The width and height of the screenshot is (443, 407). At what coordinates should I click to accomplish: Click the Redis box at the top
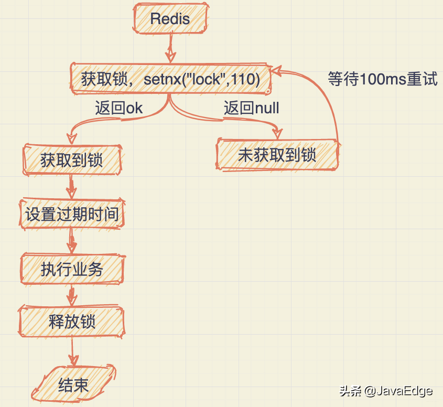click(x=170, y=19)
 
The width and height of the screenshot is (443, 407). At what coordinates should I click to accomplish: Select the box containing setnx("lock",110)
click(x=170, y=79)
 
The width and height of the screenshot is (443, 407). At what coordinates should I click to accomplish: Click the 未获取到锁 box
click(x=277, y=155)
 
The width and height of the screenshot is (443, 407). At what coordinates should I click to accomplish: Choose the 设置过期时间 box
click(x=72, y=214)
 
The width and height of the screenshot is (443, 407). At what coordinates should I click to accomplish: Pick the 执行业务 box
click(x=72, y=269)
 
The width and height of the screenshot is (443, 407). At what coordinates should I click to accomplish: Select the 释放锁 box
click(x=72, y=322)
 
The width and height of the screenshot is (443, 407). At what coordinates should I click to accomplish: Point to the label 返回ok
click(x=118, y=108)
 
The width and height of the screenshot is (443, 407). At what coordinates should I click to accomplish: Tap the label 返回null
click(x=252, y=108)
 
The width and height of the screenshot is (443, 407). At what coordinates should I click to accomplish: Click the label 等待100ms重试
click(x=383, y=79)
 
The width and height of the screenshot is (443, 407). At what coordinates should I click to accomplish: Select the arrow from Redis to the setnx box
click(x=169, y=50)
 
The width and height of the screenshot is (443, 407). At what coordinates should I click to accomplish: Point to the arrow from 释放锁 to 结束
click(x=73, y=350)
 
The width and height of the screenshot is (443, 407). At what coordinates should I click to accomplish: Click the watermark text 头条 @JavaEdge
click(x=386, y=391)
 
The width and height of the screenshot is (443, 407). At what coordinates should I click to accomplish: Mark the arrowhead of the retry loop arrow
click(x=277, y=71)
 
